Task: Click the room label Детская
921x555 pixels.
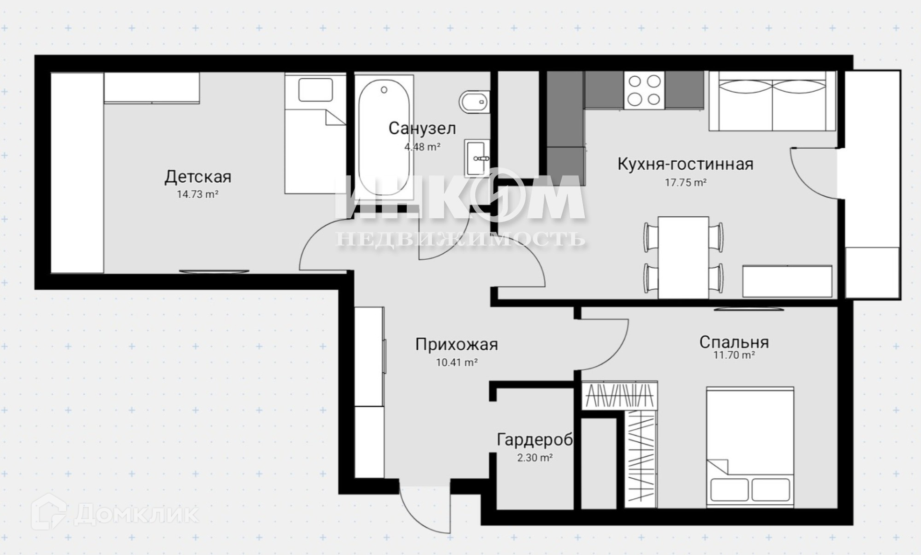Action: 198,177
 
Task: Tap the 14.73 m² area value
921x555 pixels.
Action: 198,194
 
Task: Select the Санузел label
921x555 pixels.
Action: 422,128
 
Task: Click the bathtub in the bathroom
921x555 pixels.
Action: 384,138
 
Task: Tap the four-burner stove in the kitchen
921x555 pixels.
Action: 644,90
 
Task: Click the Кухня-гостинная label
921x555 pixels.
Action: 685,164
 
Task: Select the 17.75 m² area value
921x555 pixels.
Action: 685,182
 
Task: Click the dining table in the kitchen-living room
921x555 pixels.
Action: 684,257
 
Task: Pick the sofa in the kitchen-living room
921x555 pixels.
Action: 772,101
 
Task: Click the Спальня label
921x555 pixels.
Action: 734,342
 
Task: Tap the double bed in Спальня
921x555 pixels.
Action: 750,447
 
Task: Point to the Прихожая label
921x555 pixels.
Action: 456,344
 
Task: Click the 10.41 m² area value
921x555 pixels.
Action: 456,363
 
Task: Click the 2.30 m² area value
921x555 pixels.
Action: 535,458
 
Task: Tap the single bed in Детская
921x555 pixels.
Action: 315,133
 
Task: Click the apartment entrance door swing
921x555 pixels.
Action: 425,509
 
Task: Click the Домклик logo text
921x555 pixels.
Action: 136,514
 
